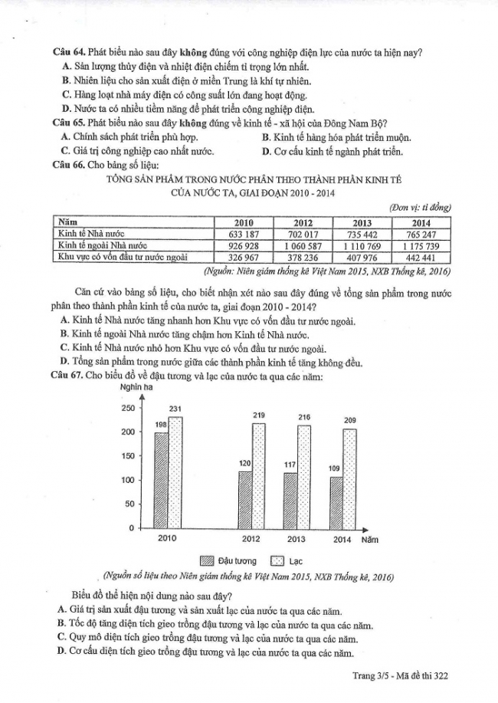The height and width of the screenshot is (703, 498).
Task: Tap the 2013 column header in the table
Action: pos(357,222)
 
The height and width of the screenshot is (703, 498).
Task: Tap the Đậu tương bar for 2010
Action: pos(161,480)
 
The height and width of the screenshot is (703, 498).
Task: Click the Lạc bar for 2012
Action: pos(258,475)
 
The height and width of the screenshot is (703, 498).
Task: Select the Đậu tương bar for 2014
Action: pos(336,502)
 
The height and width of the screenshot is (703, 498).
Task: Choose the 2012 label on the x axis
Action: pos(251,539)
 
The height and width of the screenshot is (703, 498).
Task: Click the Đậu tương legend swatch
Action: pos(206,560)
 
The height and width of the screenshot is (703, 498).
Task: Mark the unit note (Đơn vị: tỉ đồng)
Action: pos(420,209)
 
